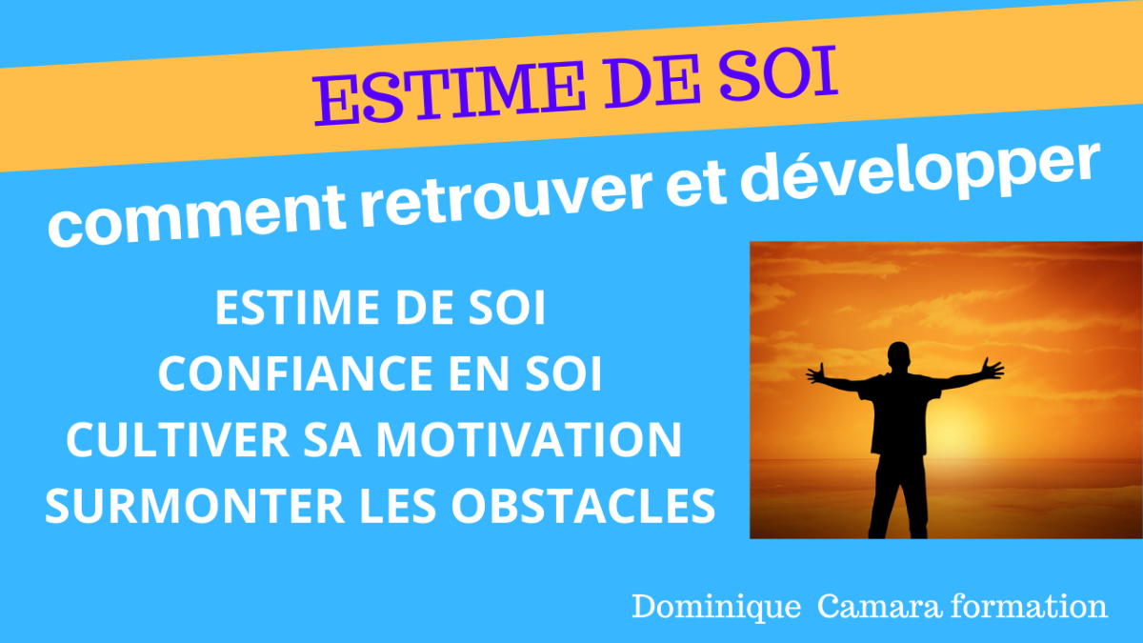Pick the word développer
[919, 171]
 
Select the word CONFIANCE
[297, 373]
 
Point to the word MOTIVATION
[529, 440]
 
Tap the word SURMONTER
[195, 506]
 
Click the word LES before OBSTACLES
[398, 506]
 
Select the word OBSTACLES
[583, 506]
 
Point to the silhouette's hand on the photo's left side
[816, 373]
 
